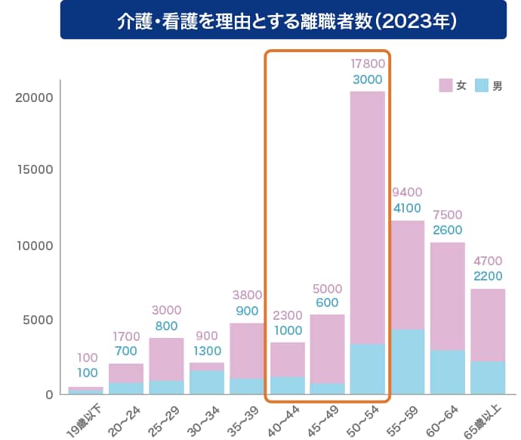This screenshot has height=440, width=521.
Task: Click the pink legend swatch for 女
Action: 445,85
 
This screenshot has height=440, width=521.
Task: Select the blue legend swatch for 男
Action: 481,85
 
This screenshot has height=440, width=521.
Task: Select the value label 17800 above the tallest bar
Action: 367,63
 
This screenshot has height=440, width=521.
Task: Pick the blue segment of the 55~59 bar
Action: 408,361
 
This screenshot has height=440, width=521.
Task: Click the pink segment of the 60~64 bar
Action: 448,295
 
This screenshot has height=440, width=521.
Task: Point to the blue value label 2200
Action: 488,277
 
